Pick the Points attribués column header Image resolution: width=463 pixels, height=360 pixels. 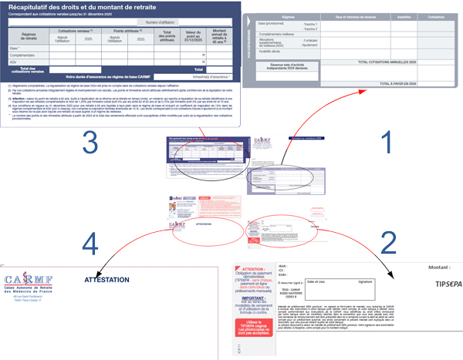point(127,31)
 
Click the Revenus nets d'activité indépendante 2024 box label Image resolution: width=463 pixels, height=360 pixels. point(290,67)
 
